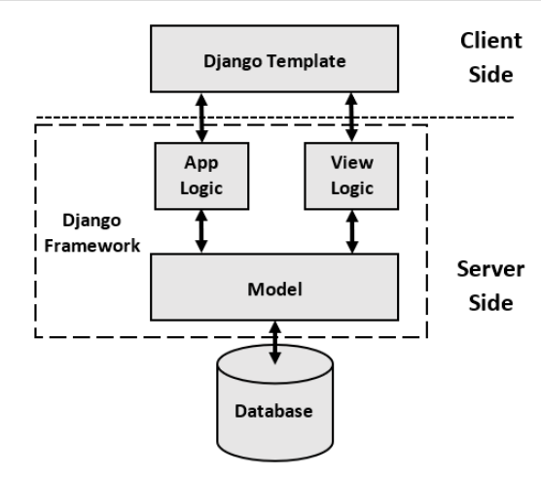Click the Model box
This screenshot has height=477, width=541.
coord(275,290)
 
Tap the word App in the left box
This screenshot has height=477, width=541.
coord(199,164)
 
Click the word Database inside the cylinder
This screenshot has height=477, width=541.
coord(273,411)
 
